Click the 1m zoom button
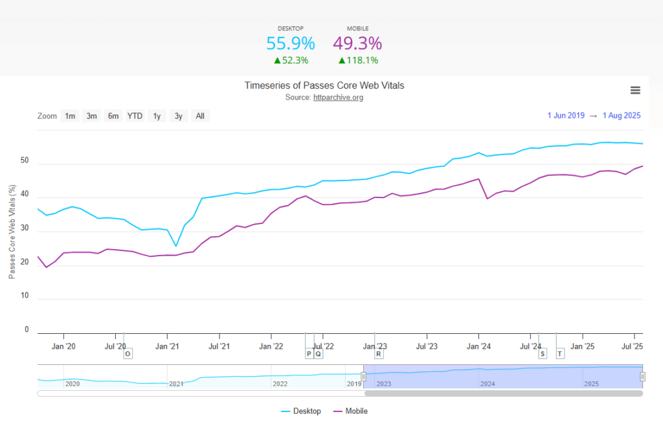coord(69,116)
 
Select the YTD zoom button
coord(135,116)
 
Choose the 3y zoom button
coord(178,116)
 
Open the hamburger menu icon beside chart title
coord(635,90)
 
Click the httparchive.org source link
coord(338,97)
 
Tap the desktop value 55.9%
coord(291,43)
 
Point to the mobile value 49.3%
coord(357,43)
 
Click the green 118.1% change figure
coord(358,60)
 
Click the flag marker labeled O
coord(128,354)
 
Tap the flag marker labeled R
coord(379,354)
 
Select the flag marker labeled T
coord(560,353)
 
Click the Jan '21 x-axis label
coord(167,346)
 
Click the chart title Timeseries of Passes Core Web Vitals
coord(324,85)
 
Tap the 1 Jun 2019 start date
coord(566,116)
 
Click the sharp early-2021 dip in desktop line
coord(176,246)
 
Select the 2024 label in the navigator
coord(488,384)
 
